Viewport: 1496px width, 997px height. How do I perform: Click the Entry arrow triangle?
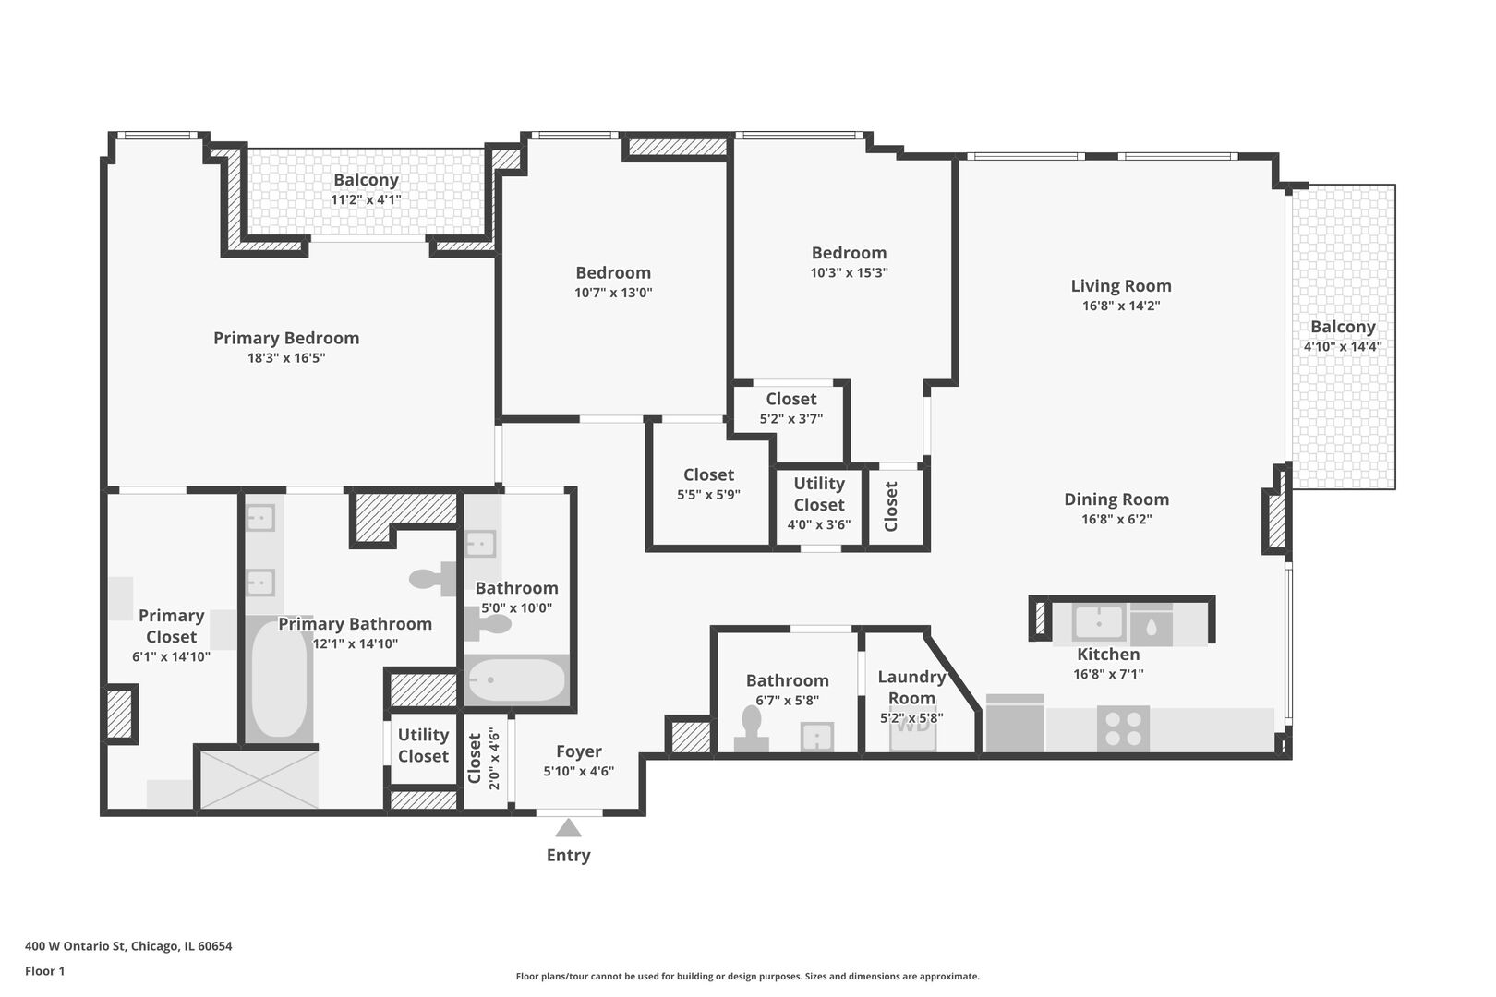coord(568,829)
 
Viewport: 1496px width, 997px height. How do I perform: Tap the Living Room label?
coord(1121,286)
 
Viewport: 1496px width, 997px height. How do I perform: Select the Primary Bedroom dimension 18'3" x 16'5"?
coord(286,358)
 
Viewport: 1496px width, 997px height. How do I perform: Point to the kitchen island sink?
coord(1099,623)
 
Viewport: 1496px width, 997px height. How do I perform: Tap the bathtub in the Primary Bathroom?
coord(279,679)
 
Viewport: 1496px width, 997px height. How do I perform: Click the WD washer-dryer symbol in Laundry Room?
coord(912,727)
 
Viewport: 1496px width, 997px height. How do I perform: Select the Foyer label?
coord(579,751)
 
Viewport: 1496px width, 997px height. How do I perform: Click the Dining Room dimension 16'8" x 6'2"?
coord(1116,519)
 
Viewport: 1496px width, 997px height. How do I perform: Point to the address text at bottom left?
coord(129,945)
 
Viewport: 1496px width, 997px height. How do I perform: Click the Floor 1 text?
coord(44,971)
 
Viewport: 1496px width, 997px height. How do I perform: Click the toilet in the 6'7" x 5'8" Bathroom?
coord(752,729)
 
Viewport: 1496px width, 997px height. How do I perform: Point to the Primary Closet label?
coord(172,626)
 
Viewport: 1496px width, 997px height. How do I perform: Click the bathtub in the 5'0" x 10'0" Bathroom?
coord(517,679)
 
